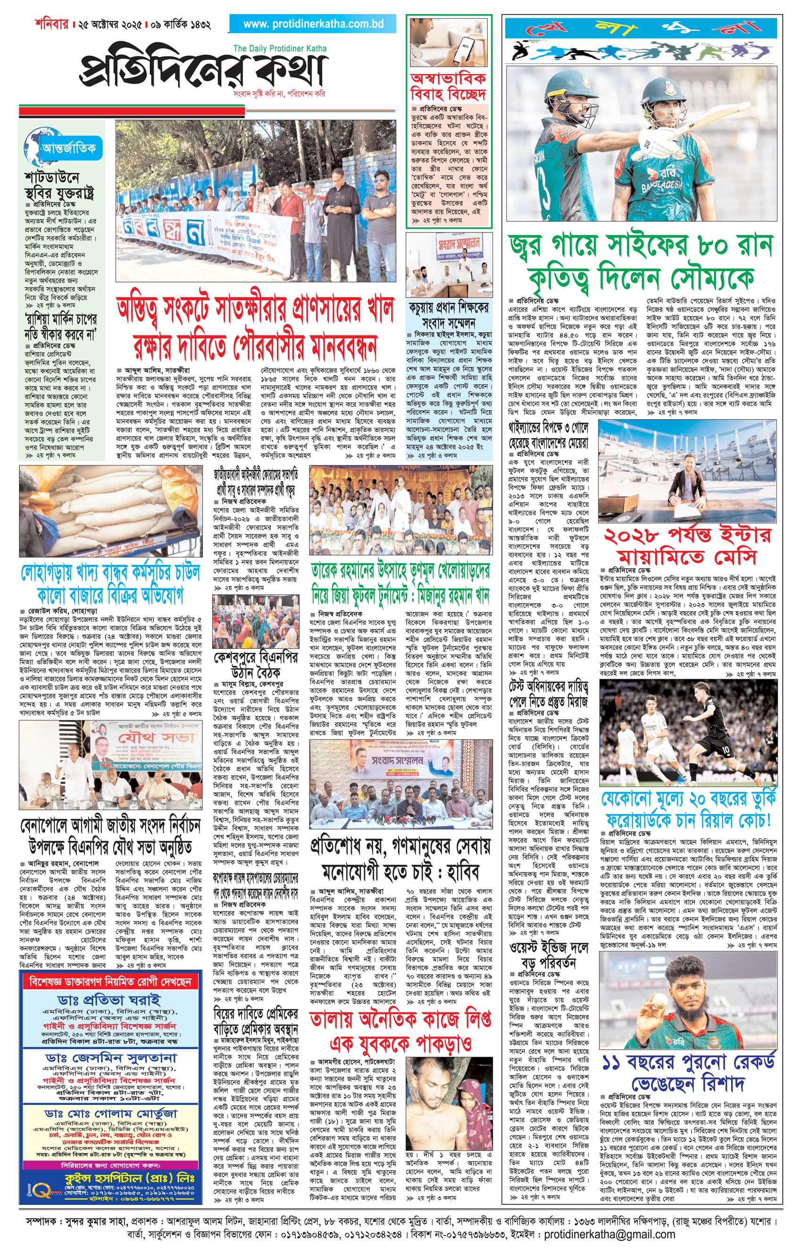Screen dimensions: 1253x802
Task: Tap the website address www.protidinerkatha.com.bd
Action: (313, 24)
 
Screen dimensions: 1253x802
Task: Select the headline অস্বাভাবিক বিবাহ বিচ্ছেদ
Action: (448, 86)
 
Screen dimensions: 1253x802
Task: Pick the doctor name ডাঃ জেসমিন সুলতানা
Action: (110, 1043)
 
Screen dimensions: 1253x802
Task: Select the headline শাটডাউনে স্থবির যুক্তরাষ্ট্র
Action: (59, 185)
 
